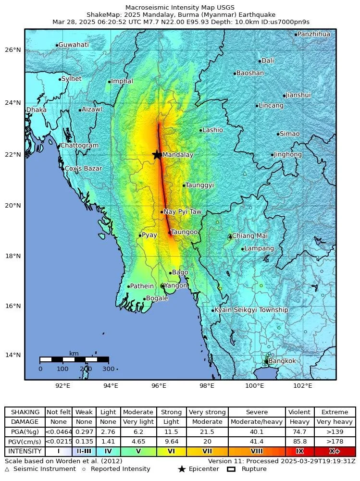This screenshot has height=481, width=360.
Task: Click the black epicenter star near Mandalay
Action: click(x=157, y=155)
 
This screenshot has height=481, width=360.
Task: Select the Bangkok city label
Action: click(x=282, y=361)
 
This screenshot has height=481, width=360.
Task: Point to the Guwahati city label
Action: click(x=73, y=45)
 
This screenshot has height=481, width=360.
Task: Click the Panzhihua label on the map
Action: click(x=313, y=34)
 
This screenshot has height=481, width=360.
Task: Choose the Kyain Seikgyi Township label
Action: click(x=251, y=310)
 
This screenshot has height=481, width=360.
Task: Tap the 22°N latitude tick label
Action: click(x=13, y=155)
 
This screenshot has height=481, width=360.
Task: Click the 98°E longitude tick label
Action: click(x=207, y=385)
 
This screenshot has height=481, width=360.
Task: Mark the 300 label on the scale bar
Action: click(x=109, y=369)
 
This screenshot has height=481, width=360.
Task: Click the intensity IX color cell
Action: click(x=299, y=452)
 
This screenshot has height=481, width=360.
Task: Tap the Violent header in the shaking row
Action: click(x=299, y=412)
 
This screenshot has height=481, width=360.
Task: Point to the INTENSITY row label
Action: click(x=25, y=452)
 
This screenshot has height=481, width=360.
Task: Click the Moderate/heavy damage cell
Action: click(x=257, y=422)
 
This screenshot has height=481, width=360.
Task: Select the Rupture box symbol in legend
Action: click(x=231, y=469)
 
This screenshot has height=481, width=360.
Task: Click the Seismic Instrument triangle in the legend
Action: click(x=7, y=469)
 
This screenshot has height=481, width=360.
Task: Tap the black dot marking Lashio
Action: click(x=201, y=130)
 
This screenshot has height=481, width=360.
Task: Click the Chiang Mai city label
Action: click(x=249, y=235)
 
